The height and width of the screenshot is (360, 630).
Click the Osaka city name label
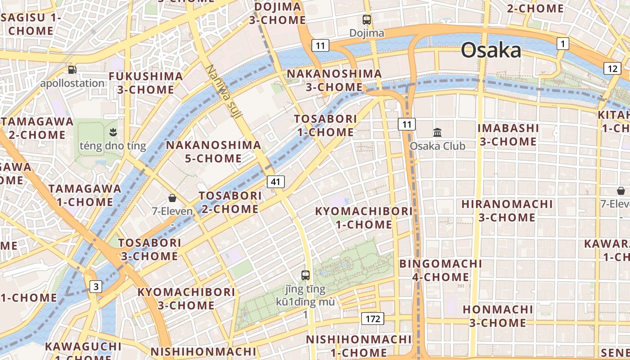click(491, 50)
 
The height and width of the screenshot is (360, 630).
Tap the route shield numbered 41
click(276, 182)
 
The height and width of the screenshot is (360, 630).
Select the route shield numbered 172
click(373, 319)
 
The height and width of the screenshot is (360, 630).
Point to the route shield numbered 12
click(612, 69)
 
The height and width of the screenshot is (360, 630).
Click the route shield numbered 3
click(95, 286)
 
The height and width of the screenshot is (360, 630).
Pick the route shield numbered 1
click(562, 44)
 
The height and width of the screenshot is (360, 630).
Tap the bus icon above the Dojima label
click(367, 20)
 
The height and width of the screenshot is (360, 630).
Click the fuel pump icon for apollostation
click(72, 70)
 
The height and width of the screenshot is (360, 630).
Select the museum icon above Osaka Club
click(437, 132)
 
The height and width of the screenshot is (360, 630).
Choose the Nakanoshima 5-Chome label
click(214, 152)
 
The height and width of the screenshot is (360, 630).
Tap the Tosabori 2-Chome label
click(230, 202)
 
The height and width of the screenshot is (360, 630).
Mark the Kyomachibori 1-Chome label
click(364, 217)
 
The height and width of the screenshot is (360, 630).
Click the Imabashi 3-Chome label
click(508, 135)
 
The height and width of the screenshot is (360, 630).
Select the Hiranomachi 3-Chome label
click(507, 211)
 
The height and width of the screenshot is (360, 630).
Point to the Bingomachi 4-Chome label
click(441, 270)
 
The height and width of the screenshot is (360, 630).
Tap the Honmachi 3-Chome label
click(498, 316)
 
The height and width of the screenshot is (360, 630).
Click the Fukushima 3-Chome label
click(146, 83)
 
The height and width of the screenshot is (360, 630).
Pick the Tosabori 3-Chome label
click(149, 249)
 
